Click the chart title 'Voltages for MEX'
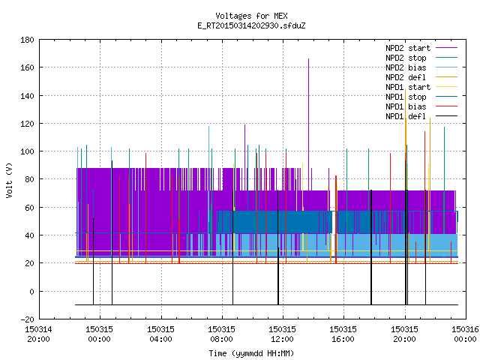pos(251,16)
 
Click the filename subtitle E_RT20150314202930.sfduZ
pos(251,25)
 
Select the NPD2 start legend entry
pos(421,48)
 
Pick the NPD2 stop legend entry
pos(421,58)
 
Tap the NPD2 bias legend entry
pos(421,67)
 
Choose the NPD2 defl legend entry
pos(421,77)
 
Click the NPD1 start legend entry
pos(421,87)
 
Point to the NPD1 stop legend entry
pos(421,97)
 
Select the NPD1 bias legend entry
pos(421,106)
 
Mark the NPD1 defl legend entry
pos(421,117)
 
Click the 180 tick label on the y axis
pos(27,40)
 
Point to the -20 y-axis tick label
pos(27,319)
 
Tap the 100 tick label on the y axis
pos(27,151)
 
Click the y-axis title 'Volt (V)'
pos(9,180)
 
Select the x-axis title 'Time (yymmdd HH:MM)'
pos(251,353)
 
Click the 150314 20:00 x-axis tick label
pos(38,334)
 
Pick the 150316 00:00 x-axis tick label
pos(465,334)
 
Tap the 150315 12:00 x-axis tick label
pos(282,334)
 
